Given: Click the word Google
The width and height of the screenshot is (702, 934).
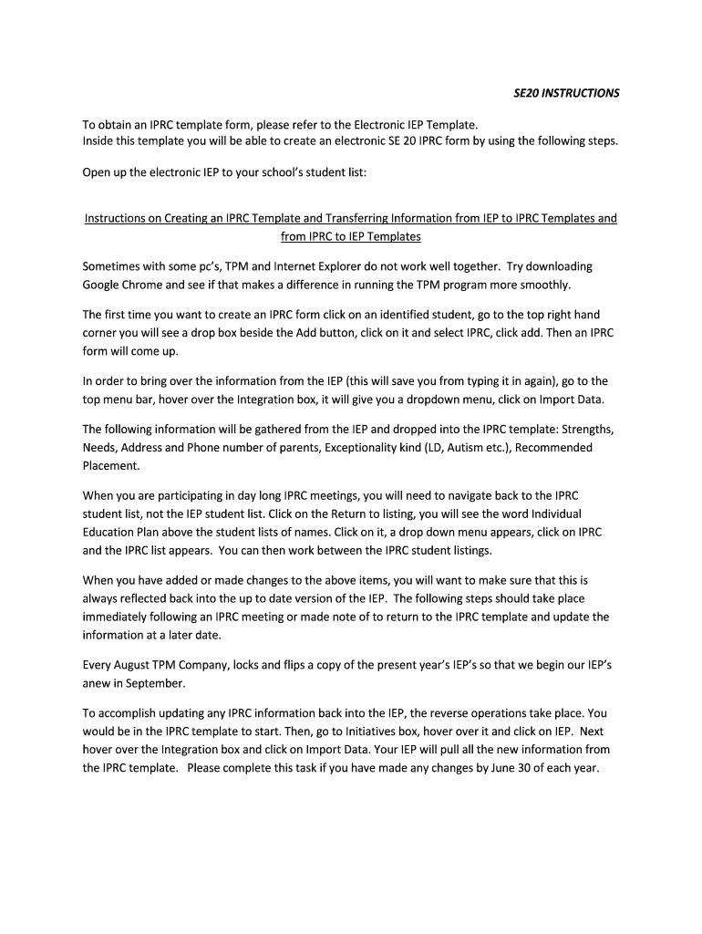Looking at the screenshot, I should tap(104, 285).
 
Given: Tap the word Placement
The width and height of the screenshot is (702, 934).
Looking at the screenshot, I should tap(111, 465).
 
